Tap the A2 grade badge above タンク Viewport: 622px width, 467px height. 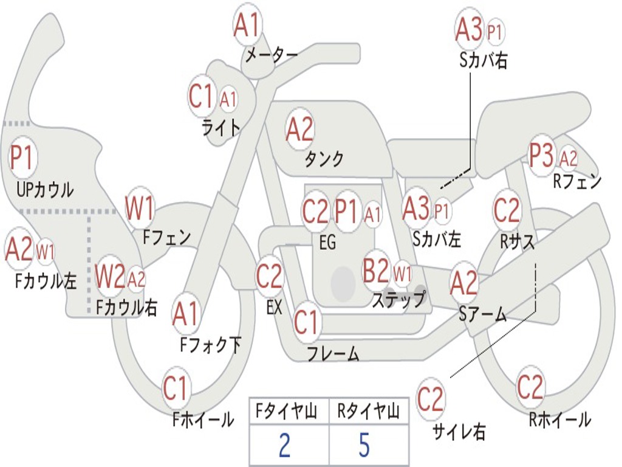[x=299, y=129]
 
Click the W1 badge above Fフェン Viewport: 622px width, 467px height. [x=140, y=208]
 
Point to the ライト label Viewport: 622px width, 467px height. [x=221, y=127]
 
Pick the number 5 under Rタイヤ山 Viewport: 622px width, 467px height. [x=364, y=445]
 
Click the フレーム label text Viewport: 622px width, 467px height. [x=333, y=353]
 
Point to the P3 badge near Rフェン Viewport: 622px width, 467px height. [x=541, y=157]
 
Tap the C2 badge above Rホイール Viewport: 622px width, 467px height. [x=530, y=387]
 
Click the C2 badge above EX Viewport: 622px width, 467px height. [x=270, y=277]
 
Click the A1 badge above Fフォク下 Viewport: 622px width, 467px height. [x=185, y=314]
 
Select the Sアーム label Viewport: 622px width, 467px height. [x=482, y=314]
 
